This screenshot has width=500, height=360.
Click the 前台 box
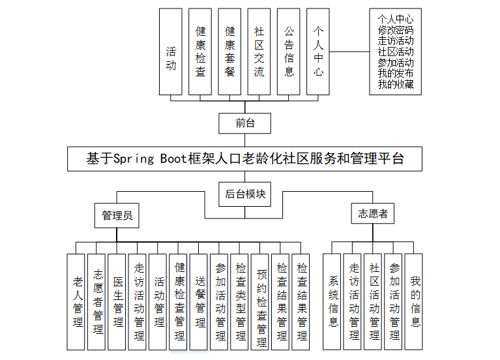[245, 121]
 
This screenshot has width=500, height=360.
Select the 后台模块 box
[245, 194]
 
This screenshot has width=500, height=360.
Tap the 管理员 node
[117, 215]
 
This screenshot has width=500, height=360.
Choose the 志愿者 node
[373, 213]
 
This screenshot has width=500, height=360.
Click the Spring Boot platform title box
[245, 158]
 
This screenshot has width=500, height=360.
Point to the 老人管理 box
[78, 301]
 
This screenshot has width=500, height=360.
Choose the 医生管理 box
[118, 301]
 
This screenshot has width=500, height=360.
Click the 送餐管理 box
[199, 301]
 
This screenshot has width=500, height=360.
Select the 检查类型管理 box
[241, 301]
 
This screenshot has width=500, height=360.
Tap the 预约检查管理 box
[261, 301]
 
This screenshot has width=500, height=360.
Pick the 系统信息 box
[333, 301]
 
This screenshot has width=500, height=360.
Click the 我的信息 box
[415, 301]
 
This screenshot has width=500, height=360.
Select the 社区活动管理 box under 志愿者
[374, 301]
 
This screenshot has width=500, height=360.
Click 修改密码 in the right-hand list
[395, 30]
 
